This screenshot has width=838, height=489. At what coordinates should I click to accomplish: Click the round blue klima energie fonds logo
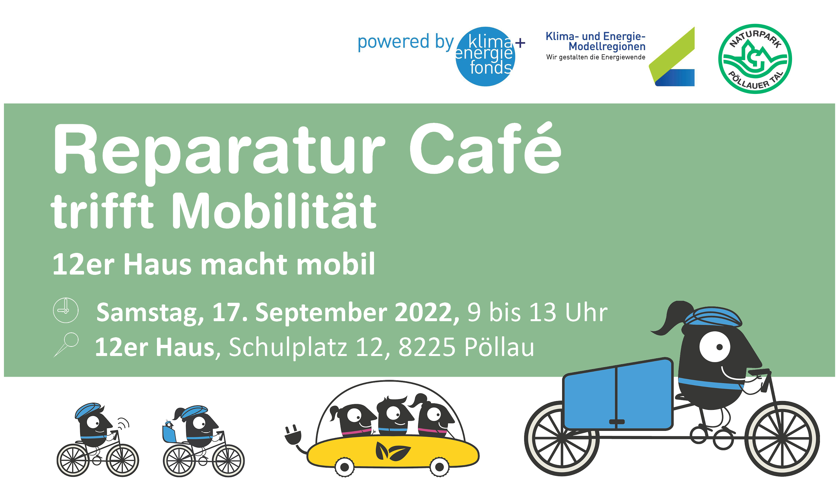click(x=485, y=56)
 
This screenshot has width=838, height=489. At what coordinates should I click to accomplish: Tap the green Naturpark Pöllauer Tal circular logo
click(x=755, y=59)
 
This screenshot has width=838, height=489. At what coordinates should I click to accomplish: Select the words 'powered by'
click(x=406, y=42)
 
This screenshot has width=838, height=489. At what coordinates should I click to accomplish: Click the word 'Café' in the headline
click(x=485, y=148)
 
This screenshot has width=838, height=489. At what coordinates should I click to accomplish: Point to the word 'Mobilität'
click(x=274, y=211)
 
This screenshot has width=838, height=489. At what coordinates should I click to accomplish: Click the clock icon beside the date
click(x=66, y=310)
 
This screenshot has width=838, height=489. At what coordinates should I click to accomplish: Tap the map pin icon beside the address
click(x=66, y=345)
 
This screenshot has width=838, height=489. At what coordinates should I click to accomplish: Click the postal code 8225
click(x=427, y=347)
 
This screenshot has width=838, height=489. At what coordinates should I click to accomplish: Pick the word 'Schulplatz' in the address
click(x=288, y=348)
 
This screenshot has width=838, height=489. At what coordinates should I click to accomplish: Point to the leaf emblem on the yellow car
click(x=393, y=452)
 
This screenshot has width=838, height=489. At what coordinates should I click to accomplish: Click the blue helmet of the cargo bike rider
click(x=713, y=316)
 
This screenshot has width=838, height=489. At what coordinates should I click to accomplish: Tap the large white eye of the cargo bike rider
click(x=715, y=346)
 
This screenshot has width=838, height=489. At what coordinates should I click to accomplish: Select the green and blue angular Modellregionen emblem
click(x=672, y=56)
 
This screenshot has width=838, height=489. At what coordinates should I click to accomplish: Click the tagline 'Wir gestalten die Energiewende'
click(x=596, y=57)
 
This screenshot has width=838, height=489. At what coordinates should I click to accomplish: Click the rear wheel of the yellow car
click(x=344, y=467)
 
